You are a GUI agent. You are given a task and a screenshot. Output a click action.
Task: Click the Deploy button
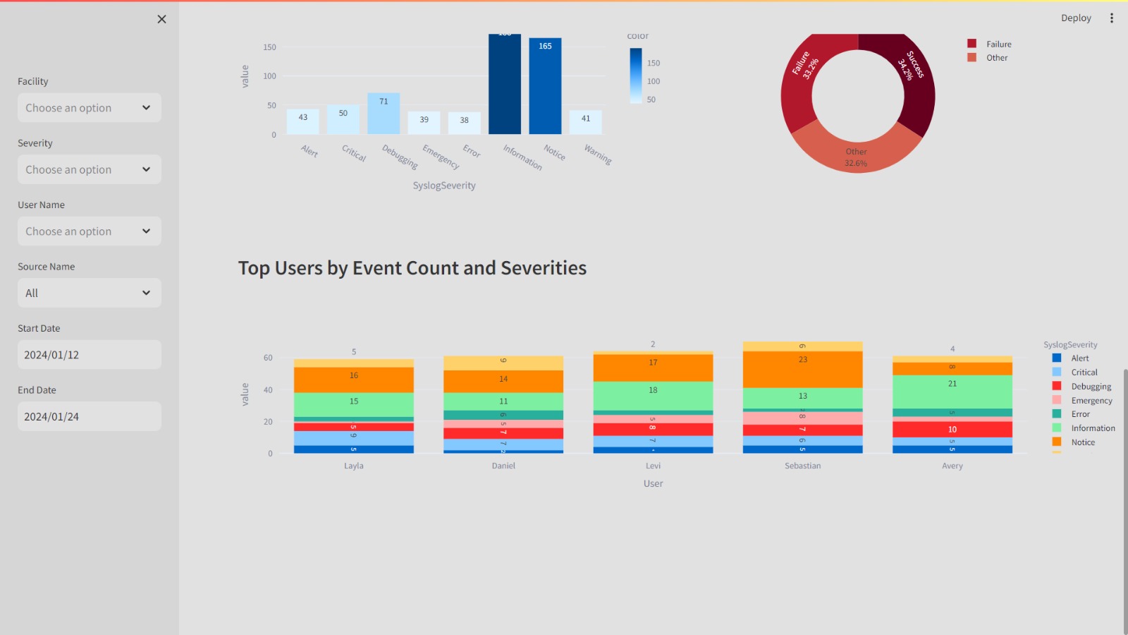coord(1076,18)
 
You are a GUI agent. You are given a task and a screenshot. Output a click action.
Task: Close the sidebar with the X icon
coord(161,19)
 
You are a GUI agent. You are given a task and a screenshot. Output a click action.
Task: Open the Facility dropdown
coord(90,108)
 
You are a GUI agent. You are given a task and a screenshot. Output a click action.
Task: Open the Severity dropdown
coord(90,169)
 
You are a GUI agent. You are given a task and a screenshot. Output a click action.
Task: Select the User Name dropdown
coord(90,231)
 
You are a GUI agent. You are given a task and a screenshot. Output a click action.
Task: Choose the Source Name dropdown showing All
coord(90,293)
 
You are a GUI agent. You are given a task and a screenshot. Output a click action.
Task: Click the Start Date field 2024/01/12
coord(90,355)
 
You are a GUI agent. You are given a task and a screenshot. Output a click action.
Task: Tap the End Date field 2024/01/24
coord(90,416)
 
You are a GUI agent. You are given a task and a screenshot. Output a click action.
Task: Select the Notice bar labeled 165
coord(545,85)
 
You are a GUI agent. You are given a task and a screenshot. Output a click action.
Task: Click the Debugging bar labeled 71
coord(384,114)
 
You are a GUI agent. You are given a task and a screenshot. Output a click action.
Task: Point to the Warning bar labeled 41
coord(586,122)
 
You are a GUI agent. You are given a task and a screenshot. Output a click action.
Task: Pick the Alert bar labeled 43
coord(303,121)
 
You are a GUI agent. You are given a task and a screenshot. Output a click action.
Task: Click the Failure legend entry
coord(998,44)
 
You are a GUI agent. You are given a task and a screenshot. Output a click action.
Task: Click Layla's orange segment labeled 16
coord(354,380)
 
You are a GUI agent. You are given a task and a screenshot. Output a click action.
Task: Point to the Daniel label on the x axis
coord(503,466)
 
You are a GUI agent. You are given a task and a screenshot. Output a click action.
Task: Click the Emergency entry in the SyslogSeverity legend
coord(1091,401)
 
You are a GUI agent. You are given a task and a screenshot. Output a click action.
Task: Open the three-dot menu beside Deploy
coord(1112,18)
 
